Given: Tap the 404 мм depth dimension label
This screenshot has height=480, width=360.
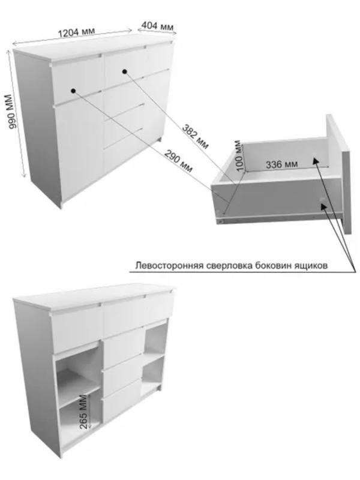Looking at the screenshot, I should [158, 26].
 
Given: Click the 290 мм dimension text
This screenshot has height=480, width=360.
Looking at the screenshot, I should [179, 161].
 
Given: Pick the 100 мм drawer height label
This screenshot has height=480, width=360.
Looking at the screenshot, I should [239, 155].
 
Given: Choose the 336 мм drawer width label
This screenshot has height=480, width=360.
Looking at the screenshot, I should [282, 163].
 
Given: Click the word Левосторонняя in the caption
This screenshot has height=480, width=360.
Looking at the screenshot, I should [167, 265].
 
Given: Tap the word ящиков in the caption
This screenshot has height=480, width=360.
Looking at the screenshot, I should [311, 265].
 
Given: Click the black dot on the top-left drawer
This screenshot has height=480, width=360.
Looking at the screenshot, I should [73, 91].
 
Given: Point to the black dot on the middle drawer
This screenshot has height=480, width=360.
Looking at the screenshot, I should [125, 71].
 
